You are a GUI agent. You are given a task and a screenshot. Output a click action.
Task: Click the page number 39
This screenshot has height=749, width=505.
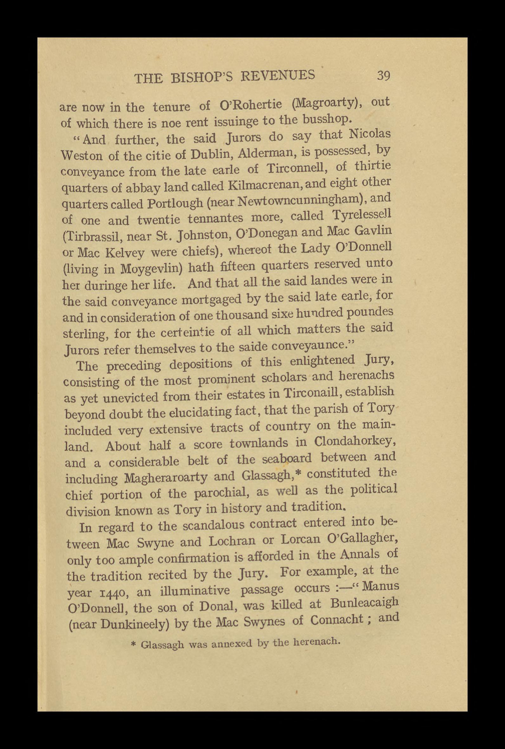coord(383,76)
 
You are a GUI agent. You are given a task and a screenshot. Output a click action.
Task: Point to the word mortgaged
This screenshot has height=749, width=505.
coord(211,299)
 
